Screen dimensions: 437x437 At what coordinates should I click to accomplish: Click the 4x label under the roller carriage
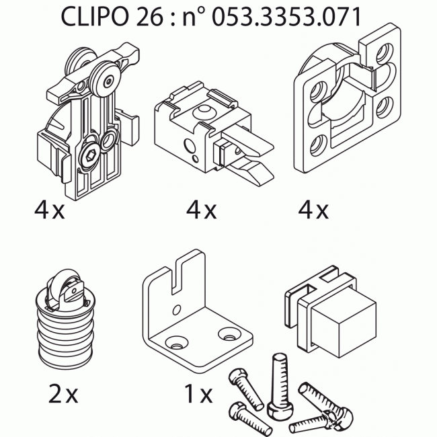[x=50, y=211]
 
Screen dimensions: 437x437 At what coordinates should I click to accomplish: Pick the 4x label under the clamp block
[x=202, y=211]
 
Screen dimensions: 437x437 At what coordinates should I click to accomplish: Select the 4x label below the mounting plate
[x=313, y=211]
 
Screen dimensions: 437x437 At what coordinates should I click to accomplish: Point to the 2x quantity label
[x=63, y=394]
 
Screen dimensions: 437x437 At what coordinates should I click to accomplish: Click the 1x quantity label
[x=198, y=394]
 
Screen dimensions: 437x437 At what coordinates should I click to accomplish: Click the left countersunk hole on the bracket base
[x=177, y=342]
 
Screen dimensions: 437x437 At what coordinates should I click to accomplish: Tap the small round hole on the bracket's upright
[x=174, y=309]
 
